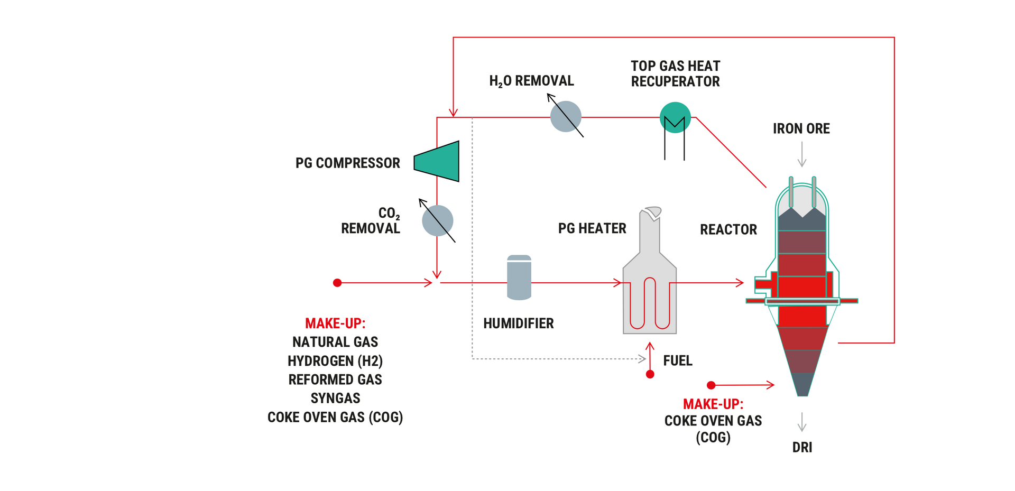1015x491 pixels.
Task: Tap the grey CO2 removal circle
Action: pyautogui.click(x=438, y=221)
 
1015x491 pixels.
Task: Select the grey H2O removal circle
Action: pyautogui.click(x=566, y=116)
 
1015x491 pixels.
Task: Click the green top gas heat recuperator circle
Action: pyautogui.click(x=675, y=117)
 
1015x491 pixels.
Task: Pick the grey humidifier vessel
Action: pyautogui.click(x=519, y=278)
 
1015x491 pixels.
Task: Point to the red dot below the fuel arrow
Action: pyautogui.click(x=650, y=374)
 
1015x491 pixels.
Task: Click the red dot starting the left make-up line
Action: pyautogui.click(x=337, y=283)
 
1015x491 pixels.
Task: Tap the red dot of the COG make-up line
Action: pyautogui.click(x=711, y=385)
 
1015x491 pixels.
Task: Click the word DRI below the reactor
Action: pyautogui.click(x=802, y=447)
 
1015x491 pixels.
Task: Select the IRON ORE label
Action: pyautogui.click(x=801, y=128)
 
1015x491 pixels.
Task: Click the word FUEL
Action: pyautogui.click(x=677, y=360)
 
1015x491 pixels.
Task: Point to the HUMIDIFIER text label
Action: pyautogui.click(x=518, y=323)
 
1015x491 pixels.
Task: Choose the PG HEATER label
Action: pyautogui.click(x=592, y=228)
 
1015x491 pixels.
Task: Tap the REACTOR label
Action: pyautogui.click(x=728, y=229)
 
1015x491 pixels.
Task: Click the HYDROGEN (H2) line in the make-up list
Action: pyautogui.click(x=335, y=361)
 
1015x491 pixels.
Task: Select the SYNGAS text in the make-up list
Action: pyautogui.click(x=335, y=398)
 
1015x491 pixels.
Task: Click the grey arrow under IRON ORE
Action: pyautogui.click(x=802, y=154)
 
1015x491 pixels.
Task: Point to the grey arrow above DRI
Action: pyautogui.click(x=802, y=422)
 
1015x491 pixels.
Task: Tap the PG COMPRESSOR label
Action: pyautogui.click(x=347, y=163)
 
